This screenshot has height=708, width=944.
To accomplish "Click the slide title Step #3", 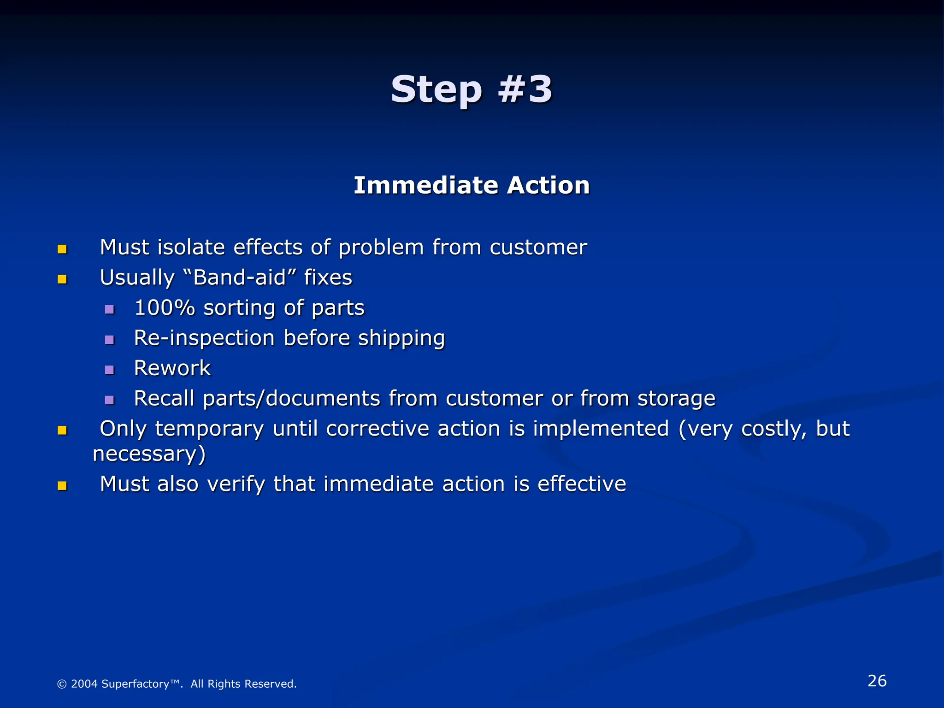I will (x=471, y=89).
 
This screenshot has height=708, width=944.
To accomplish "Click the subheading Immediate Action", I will (x=472, y=185).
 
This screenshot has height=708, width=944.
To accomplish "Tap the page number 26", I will (x=877, y=681).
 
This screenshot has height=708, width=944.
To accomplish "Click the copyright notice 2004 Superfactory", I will (x=177, y=684).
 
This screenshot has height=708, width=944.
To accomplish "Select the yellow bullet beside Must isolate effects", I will (x=62, y=249).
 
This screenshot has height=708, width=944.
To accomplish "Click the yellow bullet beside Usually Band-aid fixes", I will (x=62, y=279).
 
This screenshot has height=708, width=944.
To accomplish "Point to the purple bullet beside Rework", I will (x=109, y=370).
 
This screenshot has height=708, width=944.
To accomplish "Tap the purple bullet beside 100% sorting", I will (x=109, y=309).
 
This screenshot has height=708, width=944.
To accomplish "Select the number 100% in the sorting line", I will (x=165, y=308).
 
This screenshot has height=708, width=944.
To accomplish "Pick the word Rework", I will (x=172, y=368).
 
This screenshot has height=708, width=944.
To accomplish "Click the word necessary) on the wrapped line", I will (x=149, y=454).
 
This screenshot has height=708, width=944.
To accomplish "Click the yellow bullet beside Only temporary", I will (x=62, y=431).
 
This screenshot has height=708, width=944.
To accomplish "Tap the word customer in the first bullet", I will (x=538, y=248).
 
